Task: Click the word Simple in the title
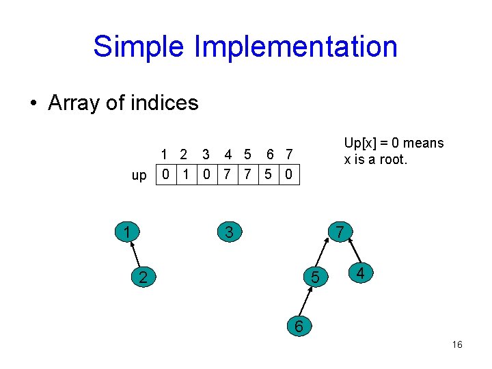tap(139, 47)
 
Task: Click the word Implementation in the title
tap(295, 47)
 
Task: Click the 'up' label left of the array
tap(139, 176)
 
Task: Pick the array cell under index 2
tap(185, 175)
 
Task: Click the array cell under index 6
tap(269, 175)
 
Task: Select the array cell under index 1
tap(165, 175)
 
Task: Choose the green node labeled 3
tap(229, 232)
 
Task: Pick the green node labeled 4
tap(359, 274)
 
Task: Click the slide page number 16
tap(457, 344)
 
